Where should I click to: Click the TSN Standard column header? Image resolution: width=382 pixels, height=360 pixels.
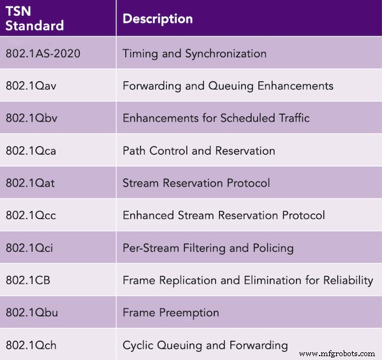[35, 19]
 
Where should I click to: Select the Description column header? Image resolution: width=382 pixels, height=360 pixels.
[157, 19]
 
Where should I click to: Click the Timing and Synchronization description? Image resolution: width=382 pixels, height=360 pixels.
[194, 53]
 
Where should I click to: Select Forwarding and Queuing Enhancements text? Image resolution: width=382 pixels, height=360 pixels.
[228, 86]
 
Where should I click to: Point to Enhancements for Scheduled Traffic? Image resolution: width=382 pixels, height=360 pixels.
[215, 118]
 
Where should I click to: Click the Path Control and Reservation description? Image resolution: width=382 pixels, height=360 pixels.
[199, 151]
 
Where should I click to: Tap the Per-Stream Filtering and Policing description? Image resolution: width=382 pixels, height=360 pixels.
[208, 248]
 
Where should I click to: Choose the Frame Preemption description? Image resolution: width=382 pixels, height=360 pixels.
[171, 313]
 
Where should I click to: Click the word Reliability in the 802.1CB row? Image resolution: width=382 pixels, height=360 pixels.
[348, 280]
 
